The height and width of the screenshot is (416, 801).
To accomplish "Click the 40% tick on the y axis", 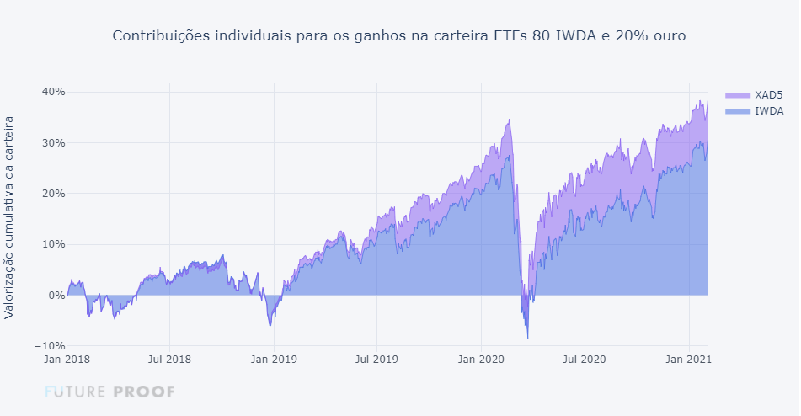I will (55, 92).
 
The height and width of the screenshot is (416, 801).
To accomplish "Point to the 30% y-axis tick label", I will (55, 142).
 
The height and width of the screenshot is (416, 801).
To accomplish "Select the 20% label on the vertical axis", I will (55, 193).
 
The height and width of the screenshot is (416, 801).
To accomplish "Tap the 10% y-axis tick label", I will (55, 244).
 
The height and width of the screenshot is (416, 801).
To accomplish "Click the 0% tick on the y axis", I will (57, 296).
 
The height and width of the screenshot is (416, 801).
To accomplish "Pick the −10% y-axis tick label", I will (51, 346).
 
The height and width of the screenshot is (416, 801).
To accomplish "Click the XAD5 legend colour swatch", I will (737, 94).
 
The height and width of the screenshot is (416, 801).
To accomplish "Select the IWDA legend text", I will (769, 110).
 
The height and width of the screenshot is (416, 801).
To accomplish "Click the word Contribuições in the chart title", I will (161, 36).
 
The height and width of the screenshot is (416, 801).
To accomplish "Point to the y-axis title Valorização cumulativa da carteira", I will (9, 217).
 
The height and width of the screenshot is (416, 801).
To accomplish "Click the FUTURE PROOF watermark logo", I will (109, 392).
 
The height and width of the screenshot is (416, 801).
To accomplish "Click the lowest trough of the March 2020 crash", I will (528, 338).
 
